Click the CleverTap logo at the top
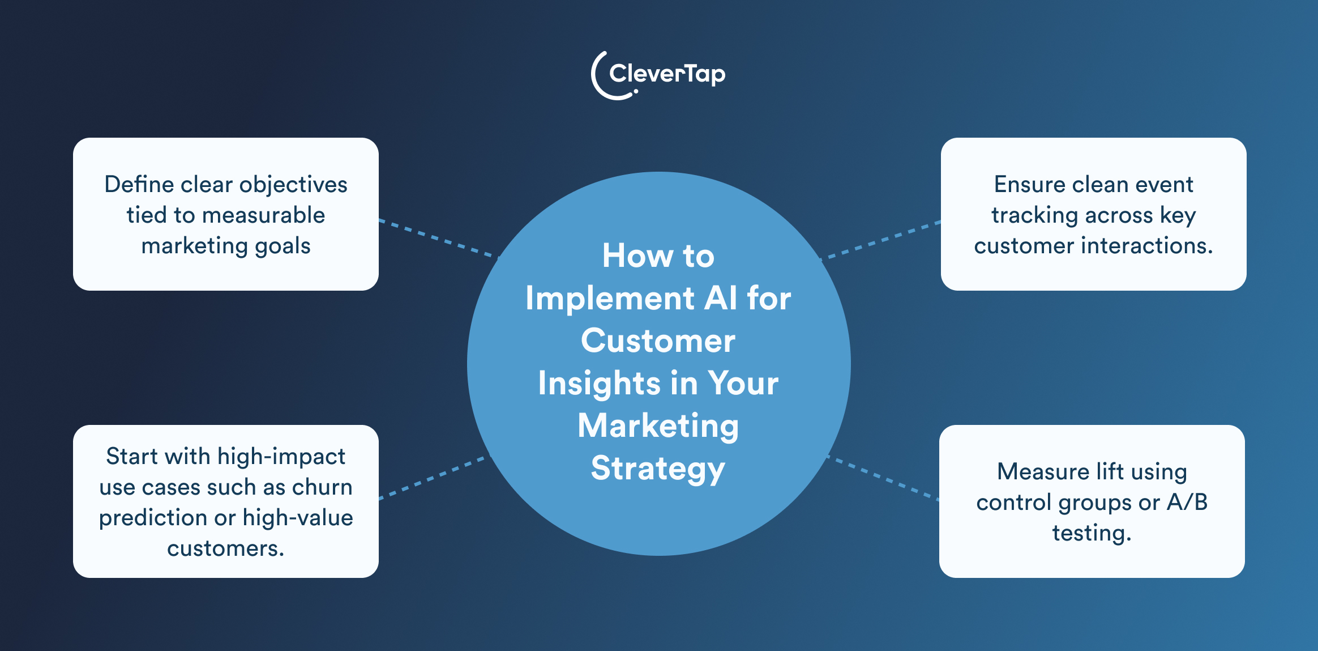(658, 75)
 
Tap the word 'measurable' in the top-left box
(263, 215)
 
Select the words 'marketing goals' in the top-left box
(226, 246)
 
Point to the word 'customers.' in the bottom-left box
(226, 548)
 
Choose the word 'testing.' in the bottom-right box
(1092, 533)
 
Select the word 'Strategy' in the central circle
(658, 469)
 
